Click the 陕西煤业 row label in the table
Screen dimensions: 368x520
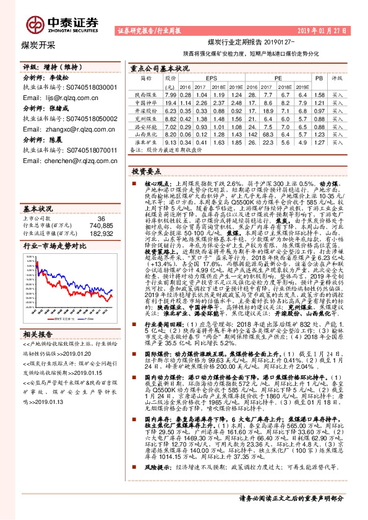pyautogui.click(x=146, y=95)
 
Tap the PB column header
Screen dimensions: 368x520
pyautogui.click(x=319, y=79)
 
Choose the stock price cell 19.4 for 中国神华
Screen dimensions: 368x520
pyautogui.click(x=171, y=103)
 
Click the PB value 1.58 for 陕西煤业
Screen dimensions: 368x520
pyautogui.click(x=319, y=95)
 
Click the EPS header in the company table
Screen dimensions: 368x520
pyautogui.click(x=212, y=79)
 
